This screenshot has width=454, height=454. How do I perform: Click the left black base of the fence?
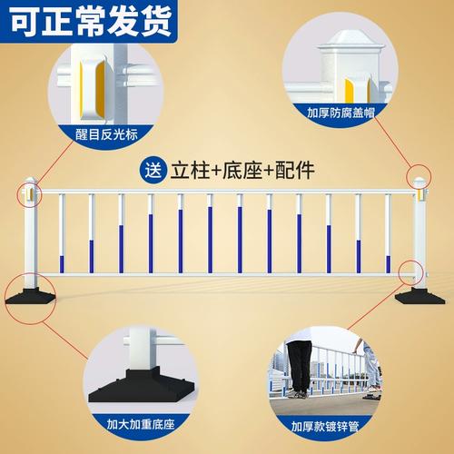(x=27, y=298)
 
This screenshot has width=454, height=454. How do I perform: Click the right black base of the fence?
(x=419, y=296)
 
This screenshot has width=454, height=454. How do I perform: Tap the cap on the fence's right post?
(x=419, y=182)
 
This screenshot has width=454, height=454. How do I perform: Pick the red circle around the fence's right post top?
(x=419, y=175)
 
